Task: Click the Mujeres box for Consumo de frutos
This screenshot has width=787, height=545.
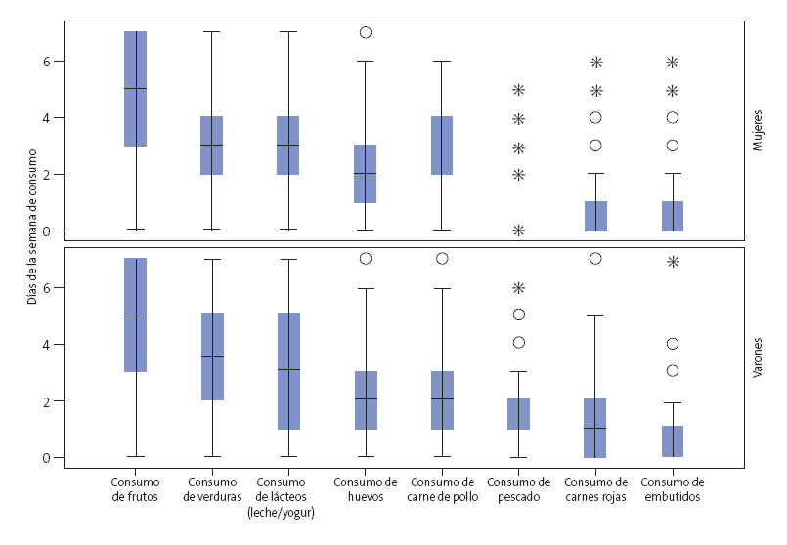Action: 135,89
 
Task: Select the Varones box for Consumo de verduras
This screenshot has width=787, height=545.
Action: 212,356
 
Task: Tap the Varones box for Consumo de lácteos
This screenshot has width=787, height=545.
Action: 288,371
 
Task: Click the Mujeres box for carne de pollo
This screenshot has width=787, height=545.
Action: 441,146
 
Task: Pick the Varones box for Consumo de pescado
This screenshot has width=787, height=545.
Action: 519,414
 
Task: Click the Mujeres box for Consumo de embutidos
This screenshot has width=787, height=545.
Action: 673,216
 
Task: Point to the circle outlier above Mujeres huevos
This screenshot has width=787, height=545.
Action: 366,32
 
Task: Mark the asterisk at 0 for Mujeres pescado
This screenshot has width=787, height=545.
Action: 519,231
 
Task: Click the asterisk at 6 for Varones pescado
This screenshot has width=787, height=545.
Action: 519,288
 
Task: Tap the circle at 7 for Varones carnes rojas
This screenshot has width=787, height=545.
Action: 595,259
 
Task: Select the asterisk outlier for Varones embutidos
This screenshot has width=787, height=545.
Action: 673,262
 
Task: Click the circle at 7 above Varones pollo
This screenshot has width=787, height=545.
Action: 442,259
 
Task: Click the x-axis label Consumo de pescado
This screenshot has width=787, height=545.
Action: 518,489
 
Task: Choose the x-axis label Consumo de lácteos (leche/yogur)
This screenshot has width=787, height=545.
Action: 288,496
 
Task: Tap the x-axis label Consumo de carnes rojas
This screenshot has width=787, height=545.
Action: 595,489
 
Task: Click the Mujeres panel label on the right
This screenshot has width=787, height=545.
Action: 759,131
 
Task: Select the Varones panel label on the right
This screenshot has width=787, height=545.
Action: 759,357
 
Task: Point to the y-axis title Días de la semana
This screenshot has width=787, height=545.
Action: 32,226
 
